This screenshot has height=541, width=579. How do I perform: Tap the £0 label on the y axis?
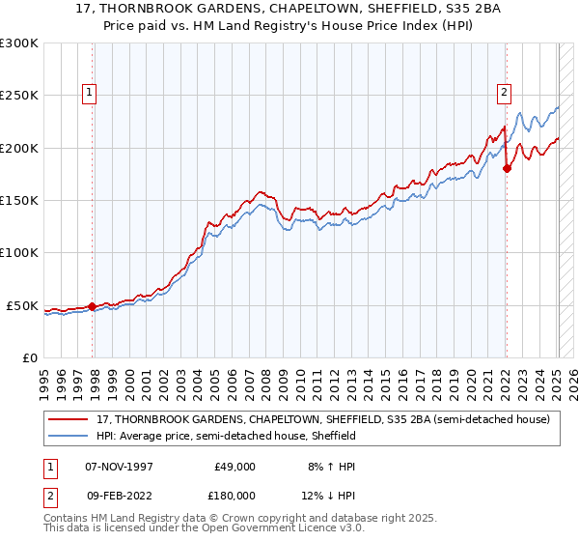(x=29, y=357)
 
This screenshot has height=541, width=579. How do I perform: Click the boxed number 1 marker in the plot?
(x=90, y=93)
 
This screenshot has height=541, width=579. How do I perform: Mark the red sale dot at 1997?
(x=93, y=306)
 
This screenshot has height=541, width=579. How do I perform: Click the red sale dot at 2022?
(x=507, y=169)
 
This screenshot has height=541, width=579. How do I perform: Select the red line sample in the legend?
(x=69, y=419)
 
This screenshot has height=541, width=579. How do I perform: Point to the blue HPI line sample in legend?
(x=69, y=436)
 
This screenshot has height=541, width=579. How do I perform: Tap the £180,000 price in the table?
(x=234, y=494)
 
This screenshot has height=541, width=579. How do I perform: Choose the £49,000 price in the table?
(x=234, y=466)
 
